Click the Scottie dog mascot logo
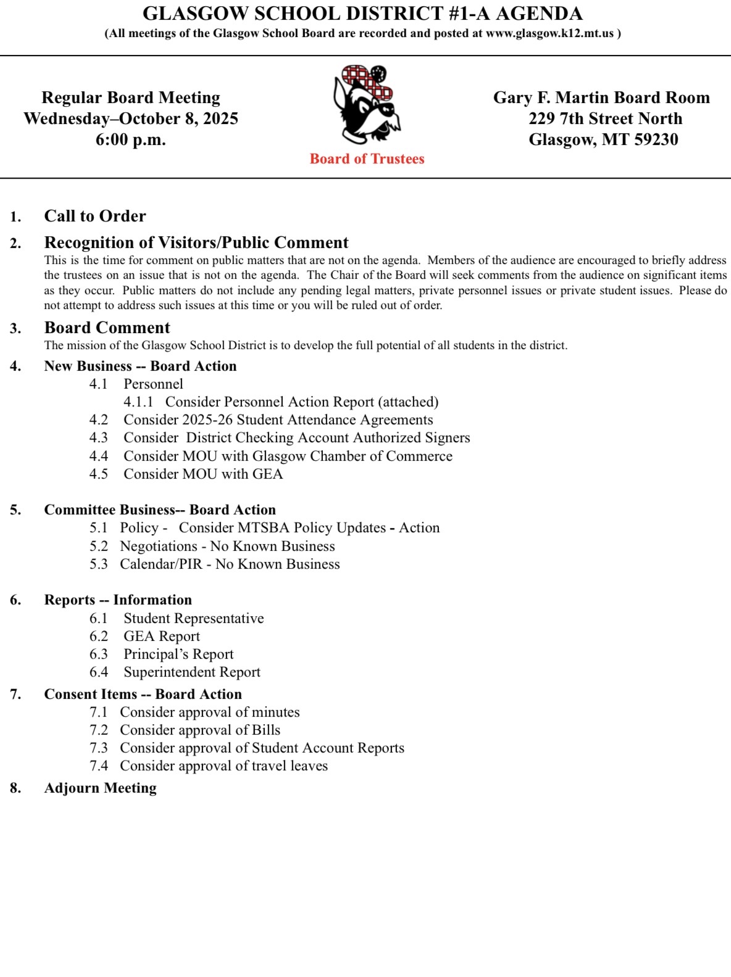366,105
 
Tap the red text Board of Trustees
367,159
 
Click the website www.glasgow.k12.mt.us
549,33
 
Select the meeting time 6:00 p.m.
130,140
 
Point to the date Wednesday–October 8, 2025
131,118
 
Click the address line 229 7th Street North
605,118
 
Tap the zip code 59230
656,140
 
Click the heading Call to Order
95,216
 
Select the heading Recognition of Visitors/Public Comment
196,242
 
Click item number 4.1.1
138,402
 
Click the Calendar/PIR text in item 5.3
161,564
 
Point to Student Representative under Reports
193,619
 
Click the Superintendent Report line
192,672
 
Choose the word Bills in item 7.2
266,730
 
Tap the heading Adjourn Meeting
100,788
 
